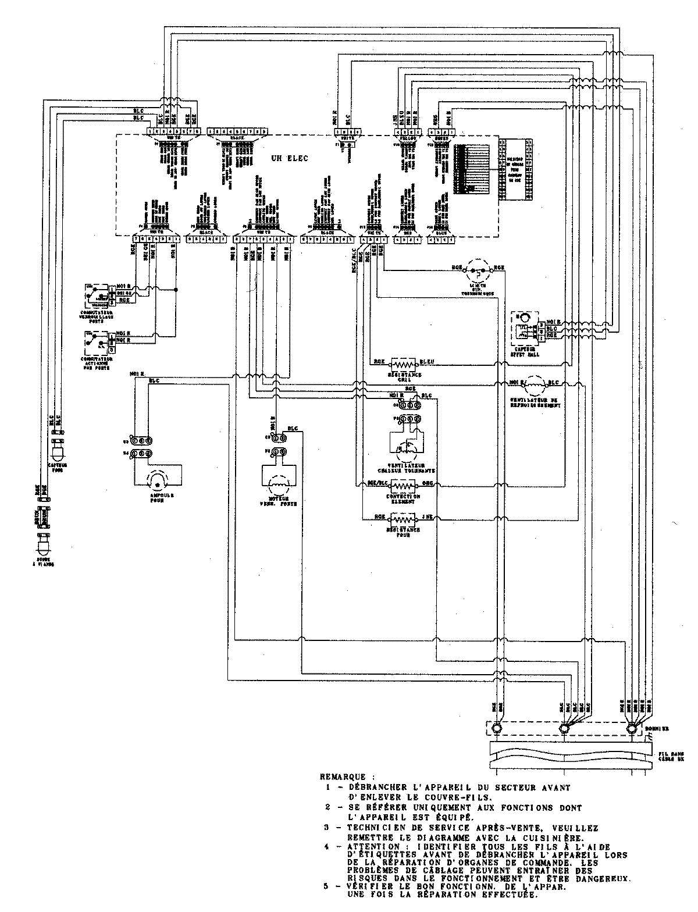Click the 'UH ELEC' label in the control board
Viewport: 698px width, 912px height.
(289, 158)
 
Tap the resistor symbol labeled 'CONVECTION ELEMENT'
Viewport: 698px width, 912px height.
(403, 484)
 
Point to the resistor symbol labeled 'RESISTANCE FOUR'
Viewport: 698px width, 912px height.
(403, 518)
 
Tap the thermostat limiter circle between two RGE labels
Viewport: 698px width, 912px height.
(480, 270)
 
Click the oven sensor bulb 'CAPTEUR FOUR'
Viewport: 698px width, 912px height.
(58, 453)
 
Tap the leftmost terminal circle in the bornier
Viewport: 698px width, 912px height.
(496, 728)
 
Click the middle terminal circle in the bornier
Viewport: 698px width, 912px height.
(563, 728)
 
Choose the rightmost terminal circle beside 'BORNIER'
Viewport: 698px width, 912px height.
(631, 728)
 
